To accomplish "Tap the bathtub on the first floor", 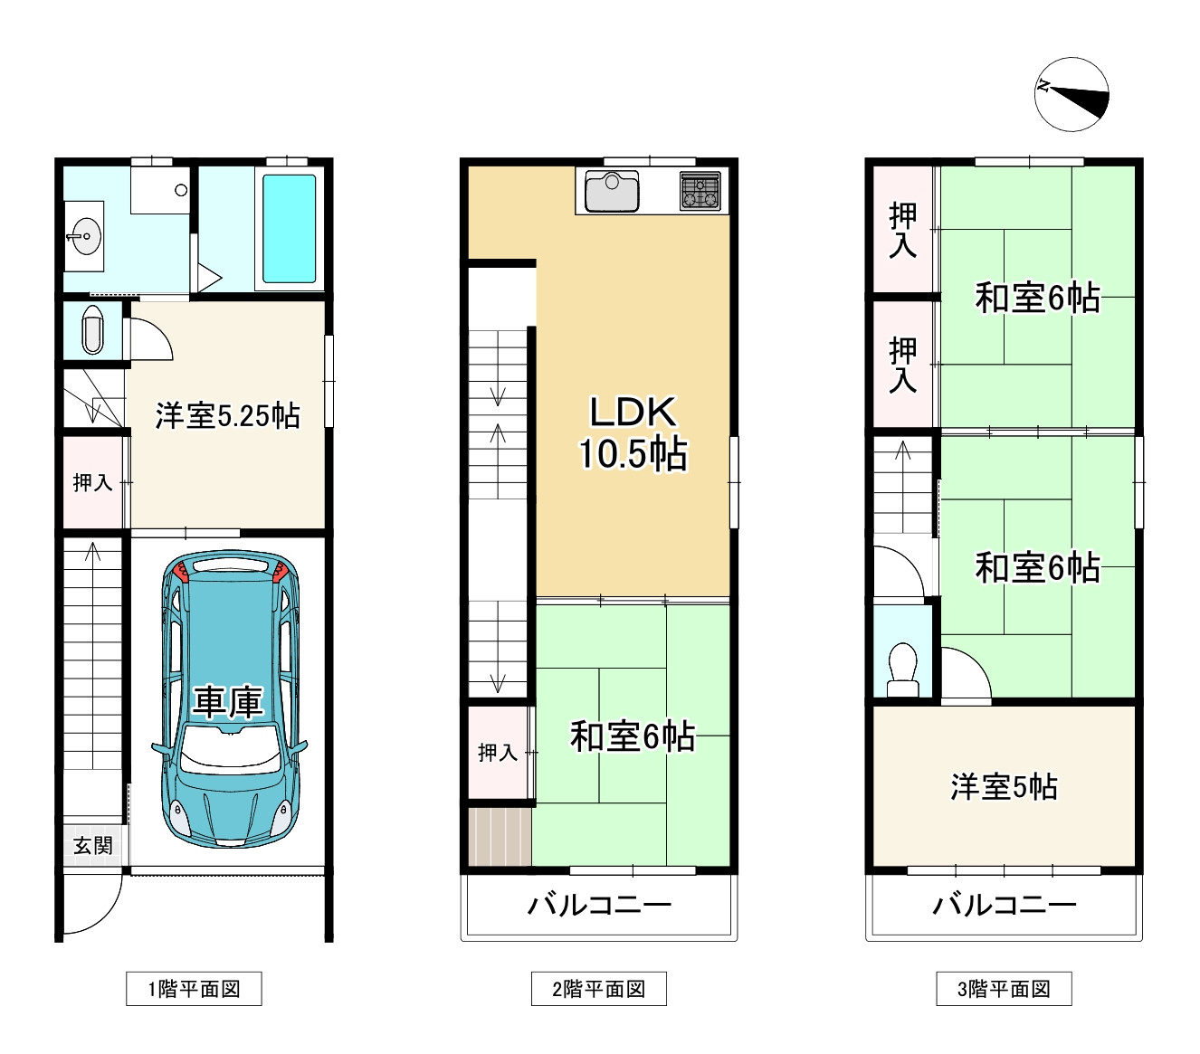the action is (289, 229).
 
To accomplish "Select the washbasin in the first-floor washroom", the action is (84, 236).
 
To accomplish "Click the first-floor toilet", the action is (92, 330).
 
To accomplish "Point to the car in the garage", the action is (230, 699).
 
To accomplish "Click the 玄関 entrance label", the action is (93, 845).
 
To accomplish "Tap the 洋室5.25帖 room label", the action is (227, 415).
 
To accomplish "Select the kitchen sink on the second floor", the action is (612, 191).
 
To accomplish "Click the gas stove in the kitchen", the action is (700, 191).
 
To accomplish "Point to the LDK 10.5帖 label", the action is (633, 432).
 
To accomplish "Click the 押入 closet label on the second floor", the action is (498, 753).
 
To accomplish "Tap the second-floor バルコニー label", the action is (599, 906).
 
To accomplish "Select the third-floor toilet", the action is (902, 669).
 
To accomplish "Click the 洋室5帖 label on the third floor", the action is (1004, 787).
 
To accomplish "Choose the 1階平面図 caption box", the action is (194, 988).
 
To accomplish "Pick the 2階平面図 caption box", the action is (599, 988).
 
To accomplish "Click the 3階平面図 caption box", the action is (1004, 988).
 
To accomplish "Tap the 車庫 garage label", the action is (228, 702).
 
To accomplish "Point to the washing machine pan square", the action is (160, 190).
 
